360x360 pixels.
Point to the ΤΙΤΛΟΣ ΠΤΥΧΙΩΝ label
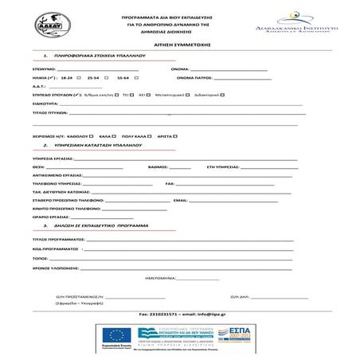pos(47,114)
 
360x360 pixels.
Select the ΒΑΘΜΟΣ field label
pos(159,169)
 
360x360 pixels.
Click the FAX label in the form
pos(169,184)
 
